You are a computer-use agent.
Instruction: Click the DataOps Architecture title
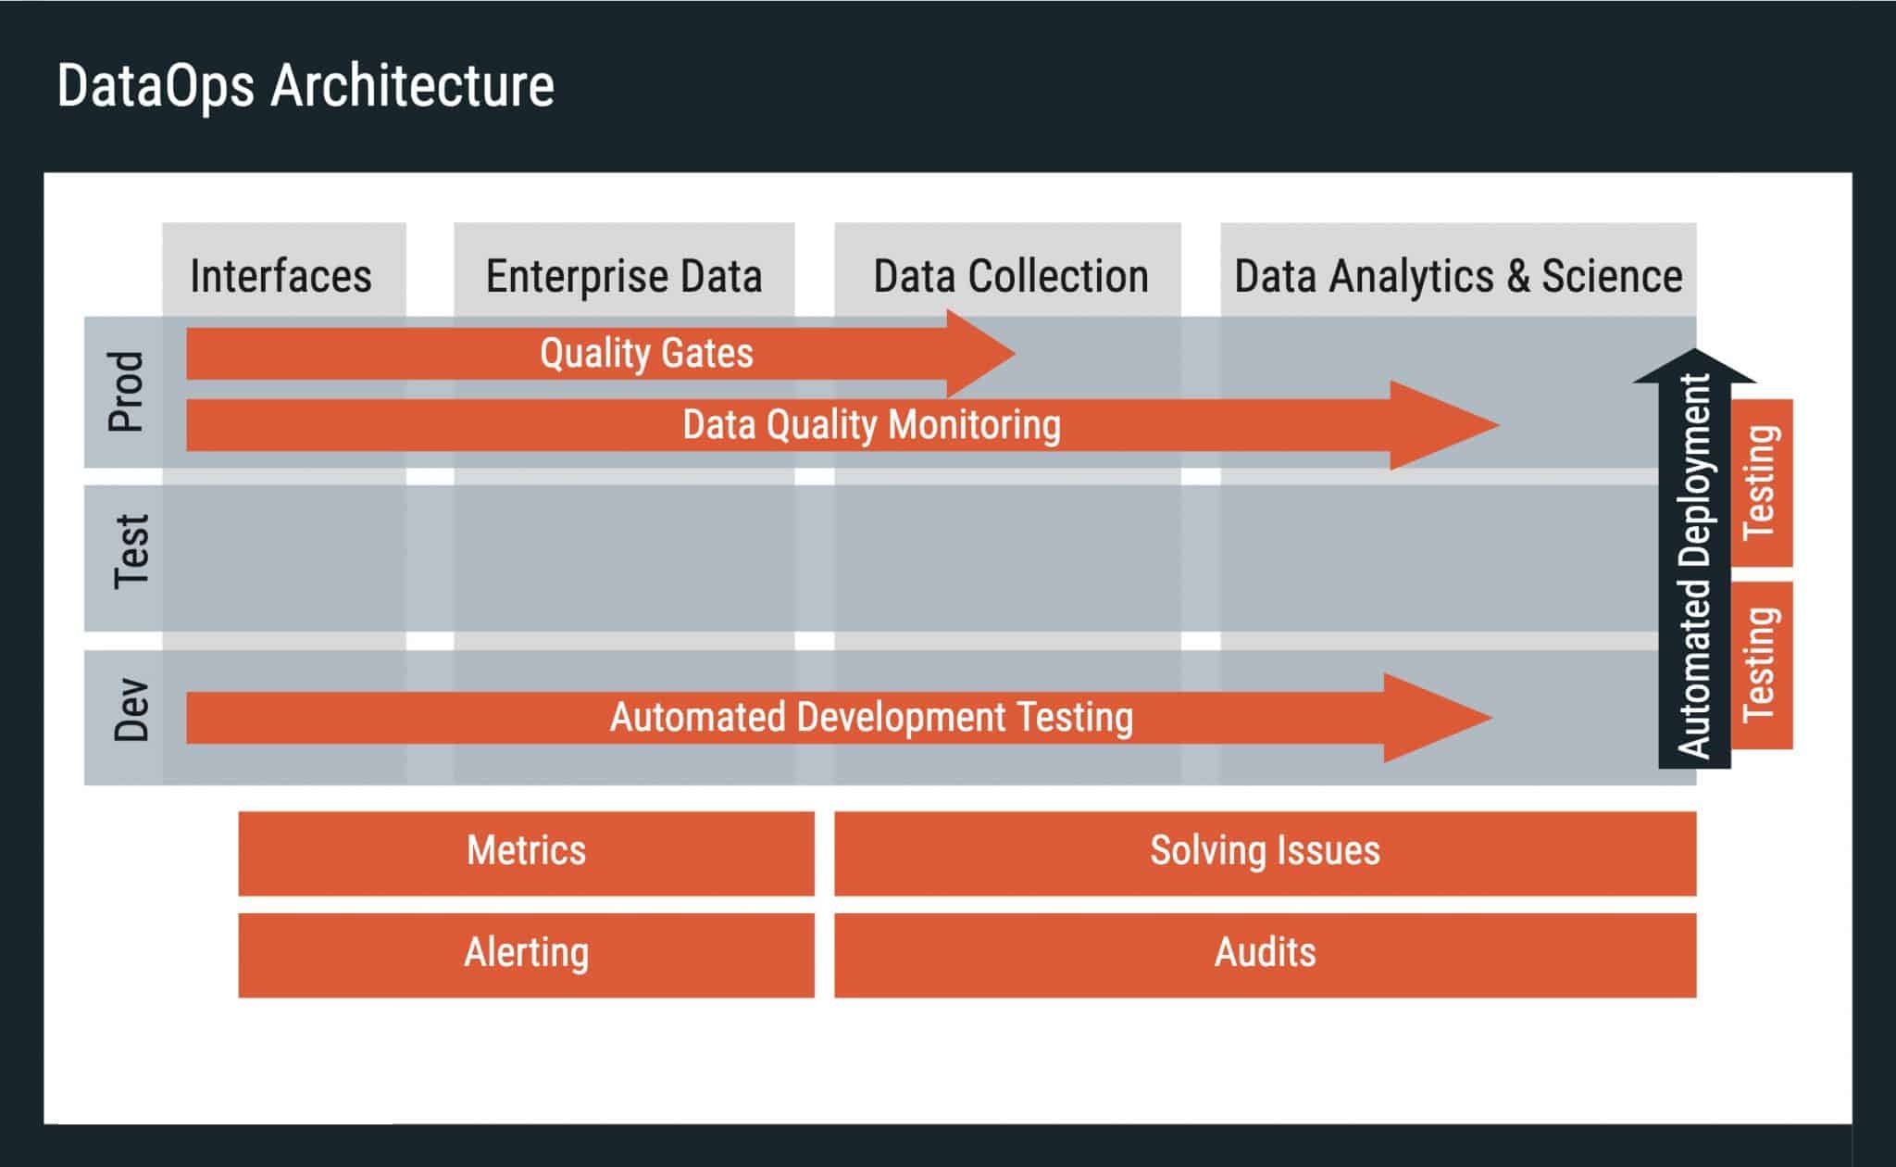[x=306, y=86]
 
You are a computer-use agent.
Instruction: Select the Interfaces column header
[x=281, y=276]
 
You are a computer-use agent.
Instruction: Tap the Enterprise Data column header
[x=624, y=276]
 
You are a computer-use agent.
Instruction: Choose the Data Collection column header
[x=1010, y=276]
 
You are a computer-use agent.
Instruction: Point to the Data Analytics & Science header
[x=1458, y=276]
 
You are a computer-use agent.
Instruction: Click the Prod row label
[x=127, y=392]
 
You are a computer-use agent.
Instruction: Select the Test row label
[x=131, y=553]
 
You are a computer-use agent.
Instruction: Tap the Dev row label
[x=131, y=710]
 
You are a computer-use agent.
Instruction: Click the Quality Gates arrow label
[x=646, y=353]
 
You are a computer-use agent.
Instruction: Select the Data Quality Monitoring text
[x=871, y=425]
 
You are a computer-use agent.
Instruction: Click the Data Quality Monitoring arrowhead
[x=1444, y=425]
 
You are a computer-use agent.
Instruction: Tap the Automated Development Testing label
[x=871, y=718]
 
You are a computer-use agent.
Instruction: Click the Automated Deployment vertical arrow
[x=1693, y=565]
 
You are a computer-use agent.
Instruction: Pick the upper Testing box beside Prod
[x=1762, y=483]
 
